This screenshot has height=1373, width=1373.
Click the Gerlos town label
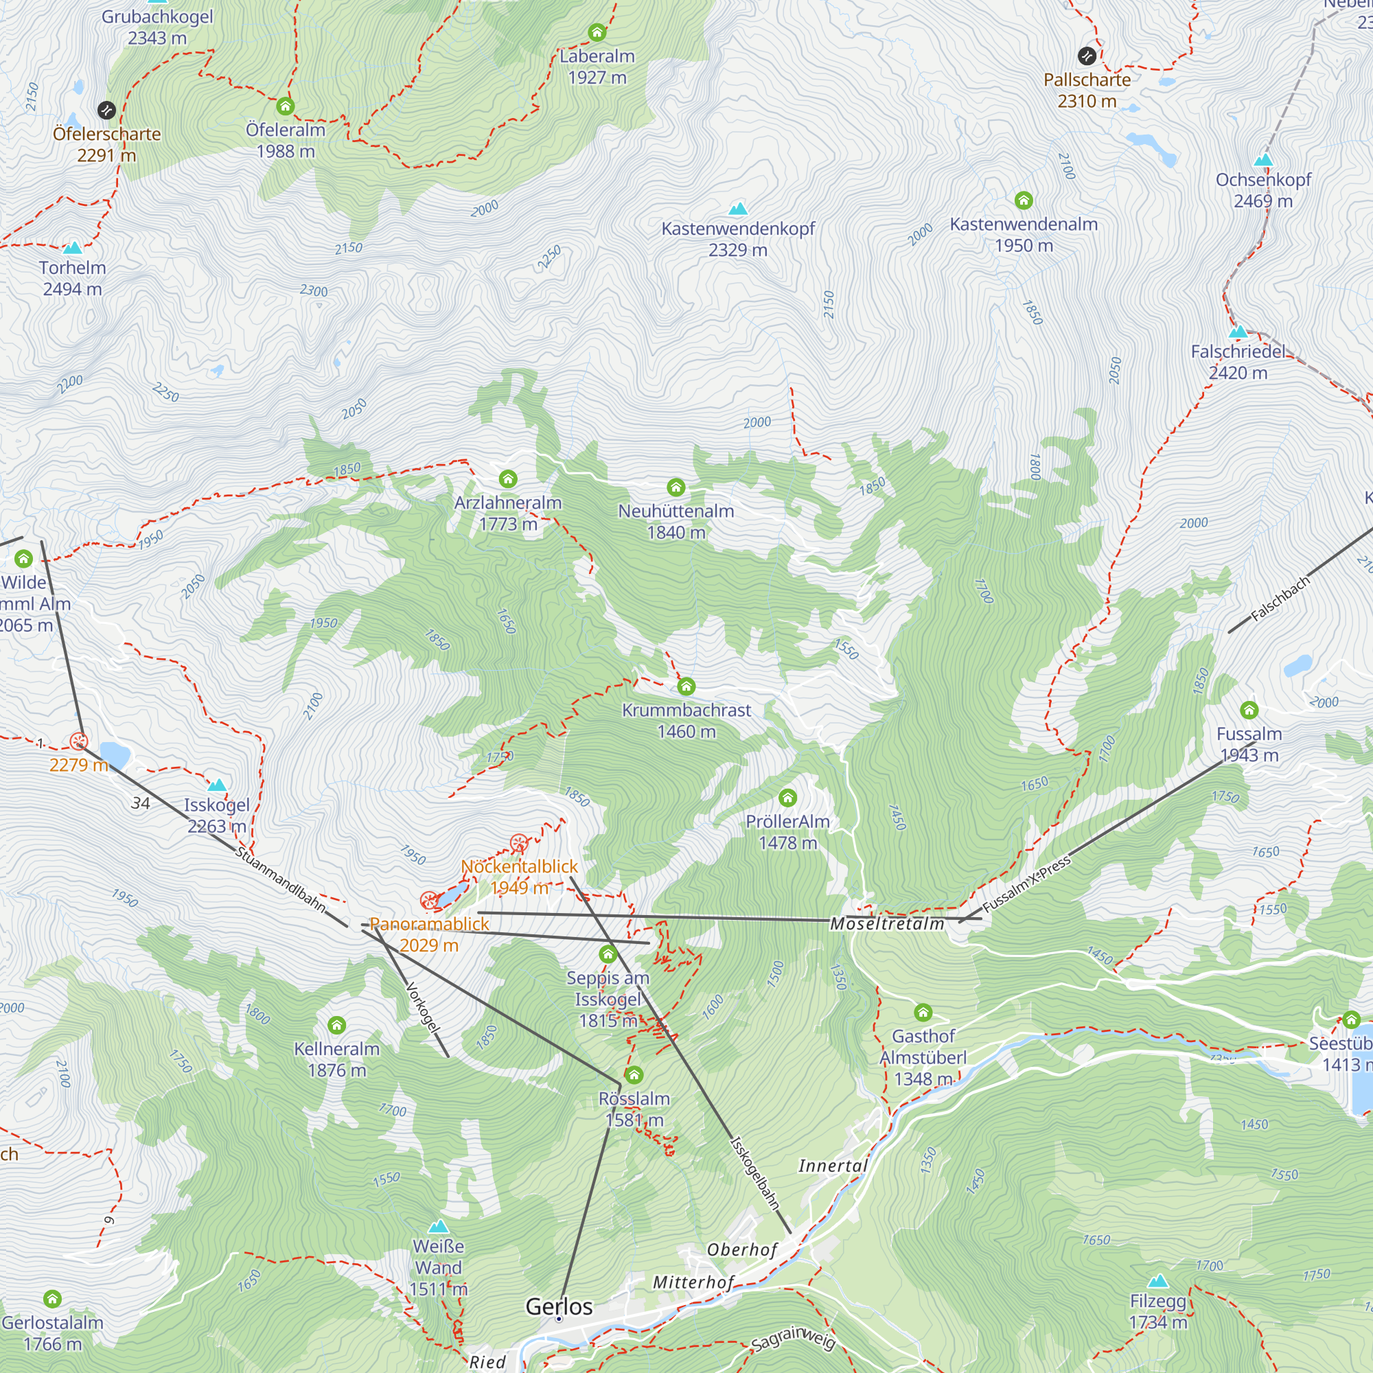pos(559,1306)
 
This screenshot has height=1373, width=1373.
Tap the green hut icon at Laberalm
pos(597,32)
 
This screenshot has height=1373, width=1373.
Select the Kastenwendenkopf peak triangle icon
pos(739,208)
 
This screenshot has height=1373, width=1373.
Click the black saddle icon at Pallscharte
pos(1087,56)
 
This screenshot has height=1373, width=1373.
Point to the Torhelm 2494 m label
pos(73,278)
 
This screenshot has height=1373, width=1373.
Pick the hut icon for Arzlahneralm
pos(508,478)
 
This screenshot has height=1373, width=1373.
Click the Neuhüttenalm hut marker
pos(676,487)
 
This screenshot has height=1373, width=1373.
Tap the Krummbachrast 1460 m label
pos(686,720)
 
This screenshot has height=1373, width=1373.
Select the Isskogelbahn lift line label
pos(755,1173)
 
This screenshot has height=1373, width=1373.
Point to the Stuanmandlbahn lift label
pos(280,880)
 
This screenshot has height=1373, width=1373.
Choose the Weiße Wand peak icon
pos(439,1227)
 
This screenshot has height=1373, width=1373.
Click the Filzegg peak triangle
pos(1158,1280)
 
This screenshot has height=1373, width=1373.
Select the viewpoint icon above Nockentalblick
pos(519,844)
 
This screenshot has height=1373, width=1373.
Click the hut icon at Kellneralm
pos(337,1025)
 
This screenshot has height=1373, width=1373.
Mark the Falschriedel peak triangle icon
pos(1238,331)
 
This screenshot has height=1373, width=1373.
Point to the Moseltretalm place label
pos(887,924)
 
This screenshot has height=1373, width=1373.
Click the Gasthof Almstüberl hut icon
pos(923,1012)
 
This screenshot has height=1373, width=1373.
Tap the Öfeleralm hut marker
pos(286,106)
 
